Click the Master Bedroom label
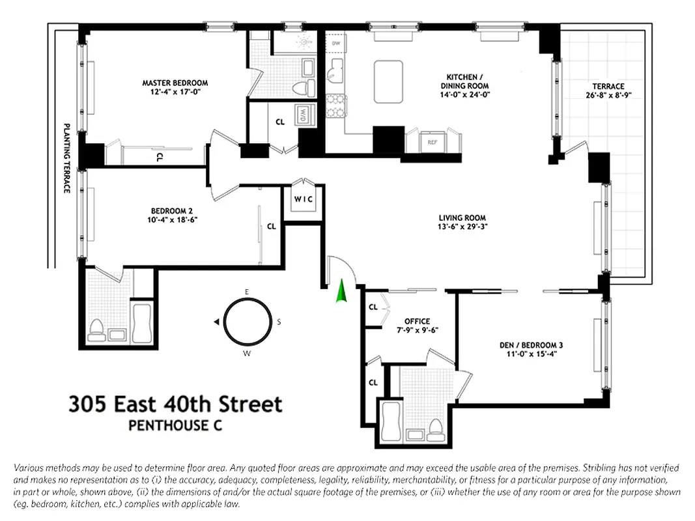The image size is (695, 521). point(175,83)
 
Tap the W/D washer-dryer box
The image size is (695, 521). point(304,115)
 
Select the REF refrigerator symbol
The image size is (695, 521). point(432,141)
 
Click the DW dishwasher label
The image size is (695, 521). point(336,44)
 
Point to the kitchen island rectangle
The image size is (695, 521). point(388,81)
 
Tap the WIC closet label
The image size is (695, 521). point(304,199)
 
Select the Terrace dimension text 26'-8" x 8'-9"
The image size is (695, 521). point(608,95)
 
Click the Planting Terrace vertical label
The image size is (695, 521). point(66,158)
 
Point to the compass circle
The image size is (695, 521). point(248,322)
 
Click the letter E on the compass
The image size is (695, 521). point(247,291)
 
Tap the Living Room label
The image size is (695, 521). point(461,218)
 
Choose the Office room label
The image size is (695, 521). point(417,321)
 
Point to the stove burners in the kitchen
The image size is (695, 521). point(335,106)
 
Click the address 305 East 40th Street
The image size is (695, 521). point(175,404)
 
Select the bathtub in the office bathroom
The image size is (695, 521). point(391,421)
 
